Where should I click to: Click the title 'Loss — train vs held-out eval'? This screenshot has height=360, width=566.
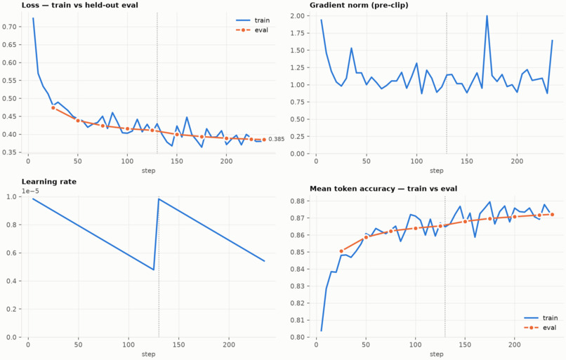[80, 5]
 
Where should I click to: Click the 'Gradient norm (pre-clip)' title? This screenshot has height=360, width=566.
[359, 5]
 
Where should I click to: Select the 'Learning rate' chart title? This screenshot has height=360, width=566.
[49, 182]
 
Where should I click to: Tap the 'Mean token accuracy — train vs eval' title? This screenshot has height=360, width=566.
[383, 189]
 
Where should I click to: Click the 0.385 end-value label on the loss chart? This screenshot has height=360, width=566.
[277, 139]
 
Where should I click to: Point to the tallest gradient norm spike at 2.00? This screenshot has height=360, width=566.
[487, 16]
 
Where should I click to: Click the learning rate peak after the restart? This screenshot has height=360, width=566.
[159, 199]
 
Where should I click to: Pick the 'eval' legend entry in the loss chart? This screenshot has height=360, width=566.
[252, 30]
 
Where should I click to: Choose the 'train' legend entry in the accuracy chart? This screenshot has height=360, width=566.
[541, 318]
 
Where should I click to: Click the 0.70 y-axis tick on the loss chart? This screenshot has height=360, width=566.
[9, 27]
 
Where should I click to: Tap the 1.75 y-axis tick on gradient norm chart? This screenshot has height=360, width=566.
[298, 33]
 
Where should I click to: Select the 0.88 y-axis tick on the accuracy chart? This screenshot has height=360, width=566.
[298, 201]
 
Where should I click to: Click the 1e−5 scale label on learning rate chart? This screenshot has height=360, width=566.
[30, 191]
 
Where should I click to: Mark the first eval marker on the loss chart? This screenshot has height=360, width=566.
[53, 108]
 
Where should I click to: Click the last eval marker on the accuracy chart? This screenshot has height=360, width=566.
[552, 215]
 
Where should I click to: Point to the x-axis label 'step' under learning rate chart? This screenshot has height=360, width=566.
[148, 354]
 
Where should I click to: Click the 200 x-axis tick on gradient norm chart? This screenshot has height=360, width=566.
[517, 161]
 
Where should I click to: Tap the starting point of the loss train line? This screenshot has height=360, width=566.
[33, 18]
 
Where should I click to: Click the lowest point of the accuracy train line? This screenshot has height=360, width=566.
[321, 331]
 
